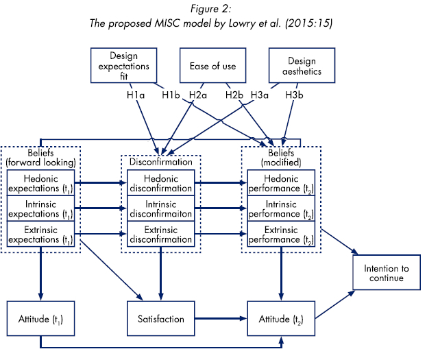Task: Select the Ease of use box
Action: pos(213,66)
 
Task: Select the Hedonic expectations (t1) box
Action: pos(40,182)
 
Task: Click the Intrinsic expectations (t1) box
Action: pos(40,208)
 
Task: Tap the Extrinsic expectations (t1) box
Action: pos(40,235)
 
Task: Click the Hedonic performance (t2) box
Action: pos(282,182)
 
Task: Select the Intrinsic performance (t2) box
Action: pos(282,208)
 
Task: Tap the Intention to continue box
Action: pos(387,273)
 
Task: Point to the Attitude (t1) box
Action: pos(40,319)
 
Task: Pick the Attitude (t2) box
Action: pos(282,319)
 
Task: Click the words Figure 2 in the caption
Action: pos(212,9)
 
